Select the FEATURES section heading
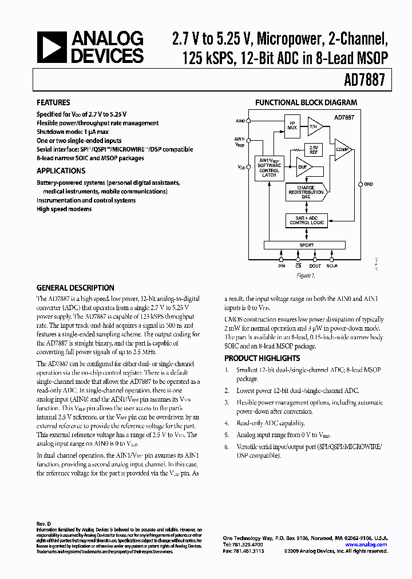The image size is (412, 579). pyautogui.click(x=54, y=103)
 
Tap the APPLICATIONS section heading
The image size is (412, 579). pyautogui.click(x=61, y=170)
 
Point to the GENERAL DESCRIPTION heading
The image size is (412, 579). pyautogui.click(x=75, y=288)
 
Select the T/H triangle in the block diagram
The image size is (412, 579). pyautogui.click(x=314, y=126)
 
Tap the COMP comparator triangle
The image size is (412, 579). pyautogui.click(x=342, y=149)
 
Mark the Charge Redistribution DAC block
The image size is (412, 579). pyautogui.click(x=310, y=192)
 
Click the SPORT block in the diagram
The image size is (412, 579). pyautogui.click(x=307, y=245)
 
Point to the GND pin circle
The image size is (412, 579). pyautogui.click(x=358, y=184)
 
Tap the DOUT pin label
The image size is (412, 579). pyautogui.click(x=315, y=266)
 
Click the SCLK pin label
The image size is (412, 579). pyautogui.click(x=332, y=266)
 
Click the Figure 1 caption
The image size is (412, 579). pyautogui.click(x=306, y=275)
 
